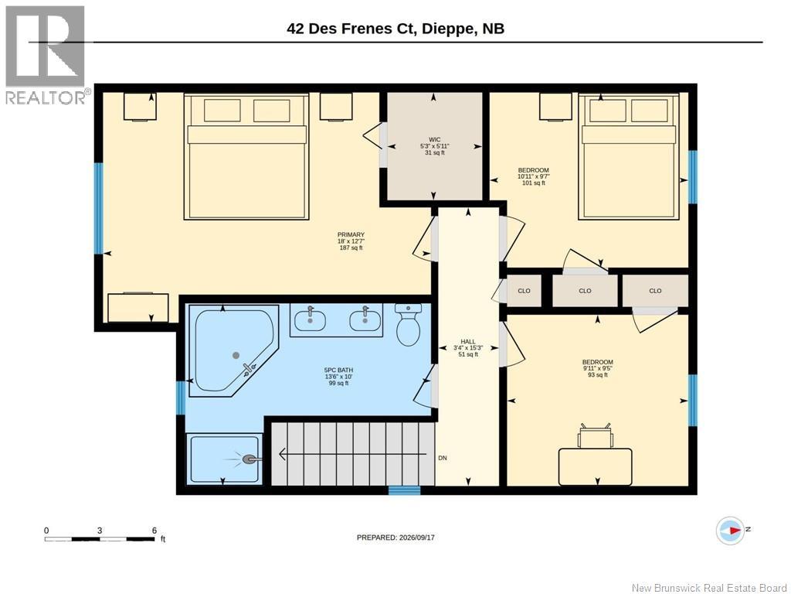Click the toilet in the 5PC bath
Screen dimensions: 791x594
[408, 324]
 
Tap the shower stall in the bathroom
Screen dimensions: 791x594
[225, 458]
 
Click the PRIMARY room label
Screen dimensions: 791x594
[351, 235]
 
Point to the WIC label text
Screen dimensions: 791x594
[434, 140]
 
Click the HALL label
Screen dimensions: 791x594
[467, 342]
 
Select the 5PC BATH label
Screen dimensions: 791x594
[338, 370]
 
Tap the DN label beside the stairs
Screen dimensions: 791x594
[443, 458]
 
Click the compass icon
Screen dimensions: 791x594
[730, 531]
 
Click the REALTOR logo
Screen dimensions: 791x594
[45, 55]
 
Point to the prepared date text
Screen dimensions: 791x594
[395, 538]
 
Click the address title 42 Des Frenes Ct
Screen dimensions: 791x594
[351, 29]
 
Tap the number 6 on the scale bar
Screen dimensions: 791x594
[154, 531]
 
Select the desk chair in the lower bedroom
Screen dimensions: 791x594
[596, 436]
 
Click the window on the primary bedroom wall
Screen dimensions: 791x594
[98, 207]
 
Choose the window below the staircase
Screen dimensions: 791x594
[404, 490]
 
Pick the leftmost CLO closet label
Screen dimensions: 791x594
[525, 291]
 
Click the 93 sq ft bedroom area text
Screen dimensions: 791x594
[598, 375]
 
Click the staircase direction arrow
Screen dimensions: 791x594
[352, 455]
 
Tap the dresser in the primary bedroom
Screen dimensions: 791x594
[138, 308]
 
